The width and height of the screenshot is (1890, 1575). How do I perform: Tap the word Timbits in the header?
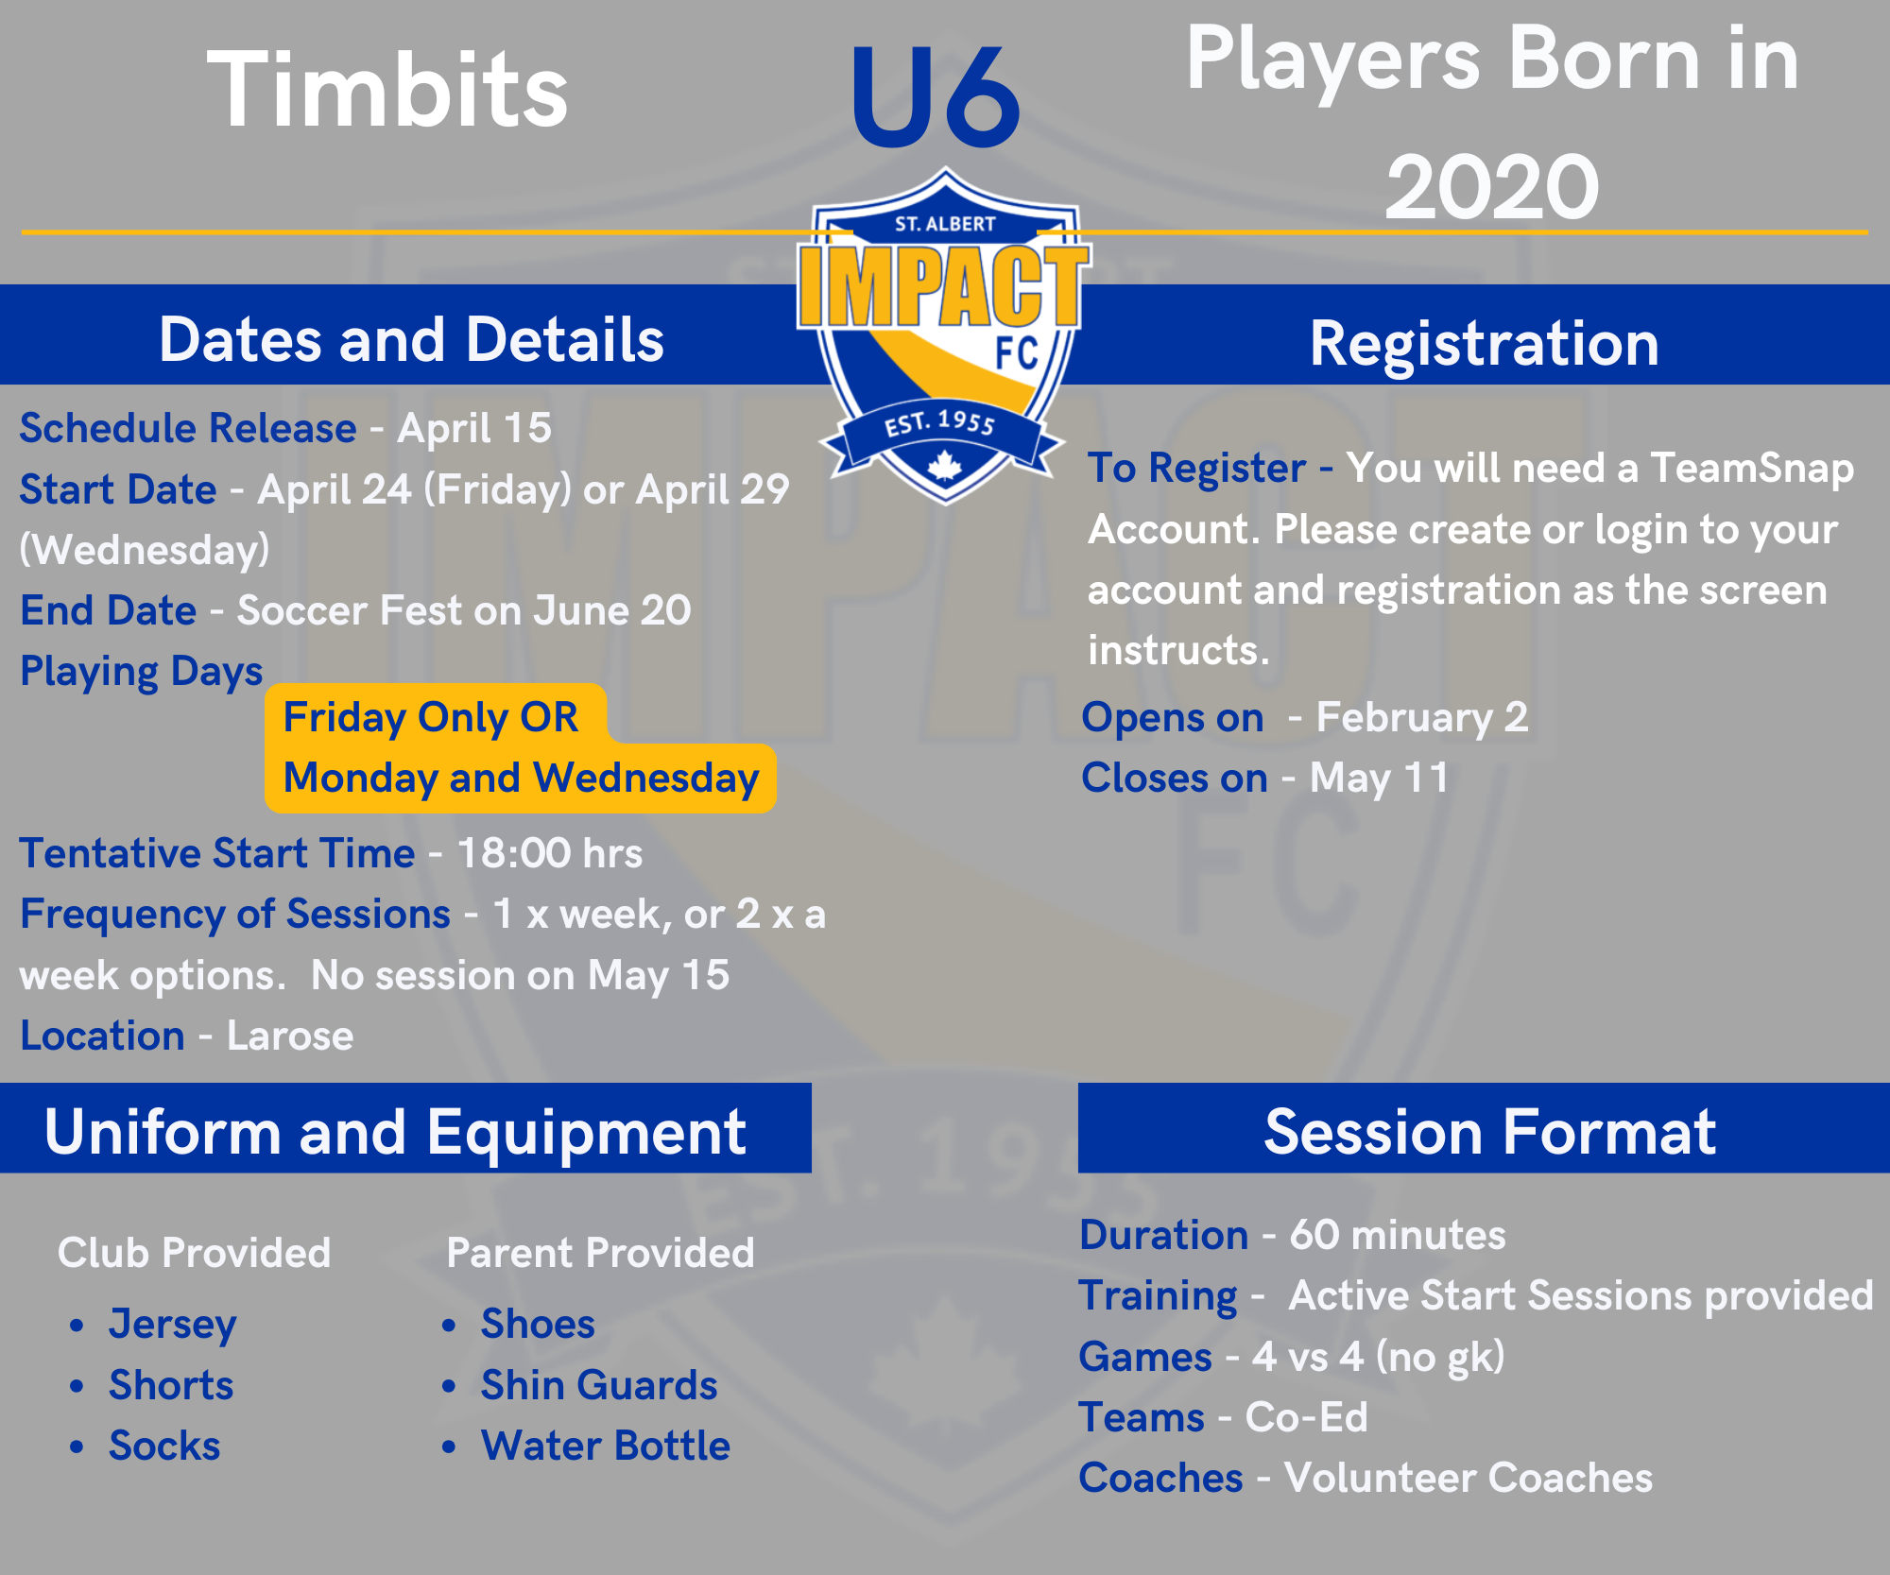point(387,90)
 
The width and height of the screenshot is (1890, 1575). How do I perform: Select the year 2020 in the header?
point(1492,186)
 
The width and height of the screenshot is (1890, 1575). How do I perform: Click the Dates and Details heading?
point(411,339)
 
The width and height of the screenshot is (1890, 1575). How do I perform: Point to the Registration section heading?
point(1484,343)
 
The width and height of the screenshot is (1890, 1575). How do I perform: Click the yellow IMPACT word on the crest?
point(944,285)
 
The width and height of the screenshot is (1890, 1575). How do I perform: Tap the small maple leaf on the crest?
point(945,467)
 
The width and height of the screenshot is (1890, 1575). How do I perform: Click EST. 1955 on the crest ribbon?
point(940,422)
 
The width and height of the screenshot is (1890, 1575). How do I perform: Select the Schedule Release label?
point(188,428)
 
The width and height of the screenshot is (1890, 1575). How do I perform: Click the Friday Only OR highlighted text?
point(430,717)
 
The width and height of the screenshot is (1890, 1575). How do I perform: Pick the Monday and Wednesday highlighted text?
point(521,779)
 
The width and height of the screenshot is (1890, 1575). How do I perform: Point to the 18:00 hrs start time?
point(550,853)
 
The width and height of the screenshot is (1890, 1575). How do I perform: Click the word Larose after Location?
point(290,1036)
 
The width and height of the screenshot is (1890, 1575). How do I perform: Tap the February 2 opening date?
point(1422,717)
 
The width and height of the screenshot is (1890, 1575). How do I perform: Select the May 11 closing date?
point(1380,779)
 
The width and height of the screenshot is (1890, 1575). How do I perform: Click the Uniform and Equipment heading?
point(395,1132)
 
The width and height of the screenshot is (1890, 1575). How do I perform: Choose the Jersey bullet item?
point(172,1325)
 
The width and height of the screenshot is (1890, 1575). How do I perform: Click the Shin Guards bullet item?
point(599,1385)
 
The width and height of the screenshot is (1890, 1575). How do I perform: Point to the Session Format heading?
point(1490,1131)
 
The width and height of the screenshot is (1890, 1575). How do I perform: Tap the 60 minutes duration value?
point(1398,1235)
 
